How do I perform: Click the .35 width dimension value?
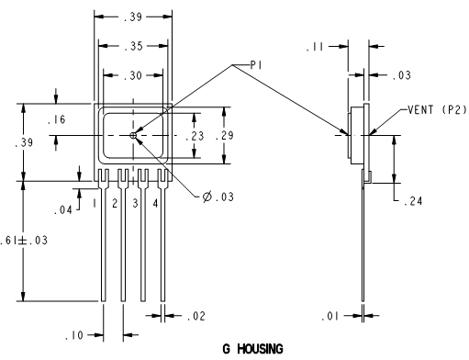coord(134,46)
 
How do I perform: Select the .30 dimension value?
coord(133,75)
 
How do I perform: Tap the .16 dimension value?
coord(57,119)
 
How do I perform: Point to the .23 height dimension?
coord(195,136)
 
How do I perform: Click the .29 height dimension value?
coord(224,135)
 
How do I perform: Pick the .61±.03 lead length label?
coord(24,241)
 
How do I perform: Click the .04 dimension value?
coord(63,210)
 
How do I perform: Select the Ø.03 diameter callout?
coord(218,197)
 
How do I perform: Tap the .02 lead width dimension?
coord(196,316)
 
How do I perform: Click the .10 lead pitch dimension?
coord(74,335)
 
